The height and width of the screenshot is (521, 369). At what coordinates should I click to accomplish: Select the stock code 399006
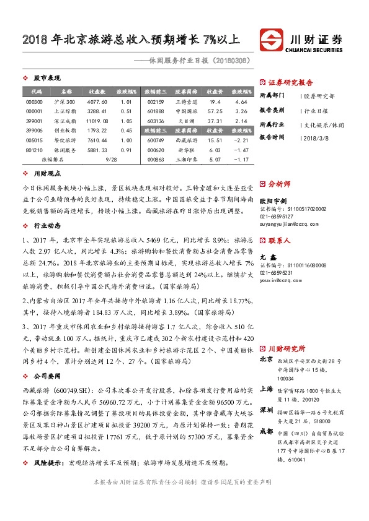(34, 131)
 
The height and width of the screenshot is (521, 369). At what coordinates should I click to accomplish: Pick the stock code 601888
(156, 111)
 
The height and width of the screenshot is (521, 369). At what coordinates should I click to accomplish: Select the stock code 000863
(156, 160)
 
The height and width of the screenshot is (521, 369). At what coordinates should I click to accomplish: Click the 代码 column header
(34, 91)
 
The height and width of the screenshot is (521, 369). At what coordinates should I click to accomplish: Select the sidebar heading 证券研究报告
(290, 82)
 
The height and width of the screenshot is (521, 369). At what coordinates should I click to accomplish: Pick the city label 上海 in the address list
(267, 389)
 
